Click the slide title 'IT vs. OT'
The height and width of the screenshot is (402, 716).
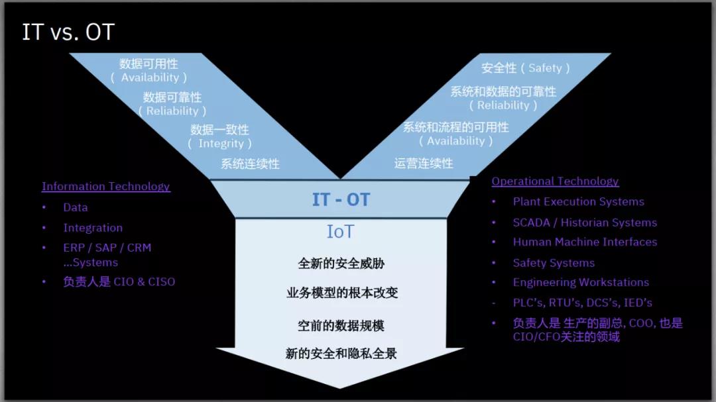(x=68, y=32)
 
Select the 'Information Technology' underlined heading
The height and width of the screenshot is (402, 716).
(x=106, y=186)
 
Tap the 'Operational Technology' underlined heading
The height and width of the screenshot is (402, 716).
(x=556, y=181)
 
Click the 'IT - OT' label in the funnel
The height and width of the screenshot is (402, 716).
(x=341, y=199)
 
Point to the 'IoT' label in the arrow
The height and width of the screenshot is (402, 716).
(x=340, y=232)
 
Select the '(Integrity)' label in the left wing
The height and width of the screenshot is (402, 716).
(x=219, y=144)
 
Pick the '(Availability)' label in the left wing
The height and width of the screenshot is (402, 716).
(x=149, y=77)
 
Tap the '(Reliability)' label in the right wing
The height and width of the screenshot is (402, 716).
(x=503, y=105)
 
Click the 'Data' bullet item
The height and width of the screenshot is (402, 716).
(x=76, y=207)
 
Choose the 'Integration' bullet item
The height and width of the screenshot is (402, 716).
(x=93, y=228)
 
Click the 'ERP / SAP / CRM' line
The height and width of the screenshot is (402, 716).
(x=107, y=247)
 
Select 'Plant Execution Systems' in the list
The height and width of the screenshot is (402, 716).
(x=579, y=202)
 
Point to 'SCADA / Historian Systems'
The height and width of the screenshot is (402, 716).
(x=585, y=223)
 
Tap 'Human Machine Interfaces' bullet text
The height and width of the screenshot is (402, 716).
(x=585, y=242)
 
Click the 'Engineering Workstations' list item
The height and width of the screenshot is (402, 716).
(x=581, y=282)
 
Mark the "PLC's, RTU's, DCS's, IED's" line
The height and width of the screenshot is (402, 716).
(x=583, y=303)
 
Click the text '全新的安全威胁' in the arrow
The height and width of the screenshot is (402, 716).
(x=341, y=264)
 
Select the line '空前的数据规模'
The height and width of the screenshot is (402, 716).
(x=341, y=325)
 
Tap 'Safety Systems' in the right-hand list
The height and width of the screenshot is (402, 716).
(x=554, y=263)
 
